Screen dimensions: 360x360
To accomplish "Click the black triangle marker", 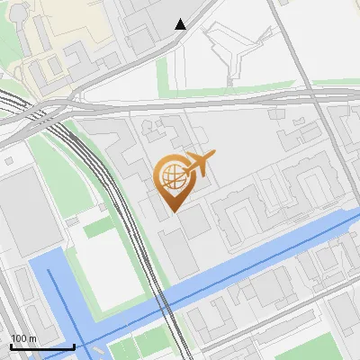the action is pos(181,24).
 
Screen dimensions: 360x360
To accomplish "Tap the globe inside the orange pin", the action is pos(171,175).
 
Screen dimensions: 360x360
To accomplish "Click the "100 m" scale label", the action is pos(23,337).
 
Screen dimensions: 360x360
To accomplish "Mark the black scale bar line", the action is pos(42,346).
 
